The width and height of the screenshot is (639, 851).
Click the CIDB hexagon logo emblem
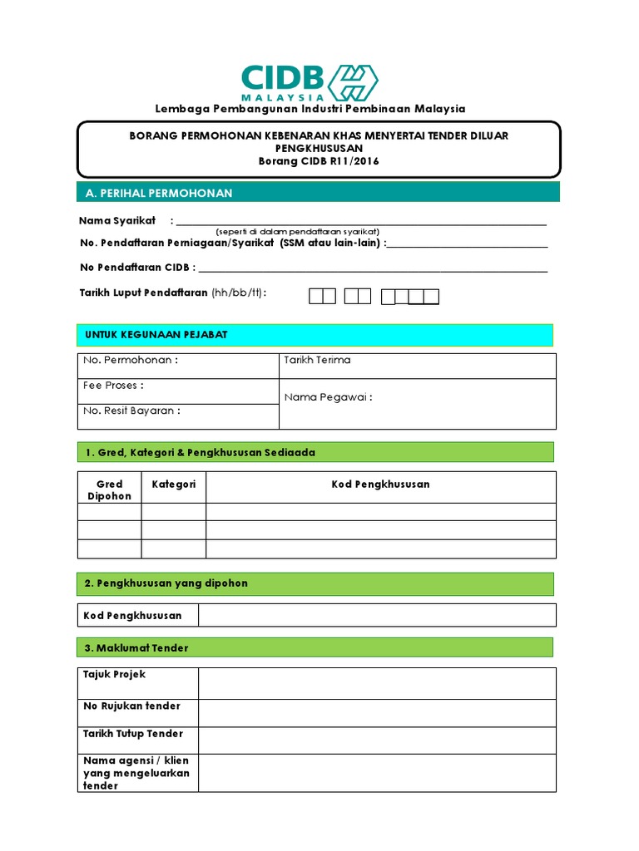[354, 81]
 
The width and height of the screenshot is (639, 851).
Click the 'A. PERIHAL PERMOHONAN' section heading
[159, 193]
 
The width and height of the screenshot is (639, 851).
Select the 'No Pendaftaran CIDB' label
[137, 268]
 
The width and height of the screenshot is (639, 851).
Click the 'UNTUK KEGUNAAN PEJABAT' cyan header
[156, 334]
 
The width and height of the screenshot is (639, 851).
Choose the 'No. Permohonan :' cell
[131, 361]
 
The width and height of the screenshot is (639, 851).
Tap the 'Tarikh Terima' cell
[317, 360]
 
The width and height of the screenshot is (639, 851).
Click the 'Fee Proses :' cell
[114, 386]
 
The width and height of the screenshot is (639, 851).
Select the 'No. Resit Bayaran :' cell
[131, 411]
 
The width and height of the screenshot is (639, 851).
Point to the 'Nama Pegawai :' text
[328, 397]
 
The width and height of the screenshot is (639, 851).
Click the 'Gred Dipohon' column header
[109, 489]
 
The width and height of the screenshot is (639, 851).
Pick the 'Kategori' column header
[173, 484]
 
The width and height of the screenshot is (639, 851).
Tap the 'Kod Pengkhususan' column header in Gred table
[380, 484]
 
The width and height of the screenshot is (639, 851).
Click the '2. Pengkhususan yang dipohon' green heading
[166, 583]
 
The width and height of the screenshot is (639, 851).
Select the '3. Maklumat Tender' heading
[136, 647]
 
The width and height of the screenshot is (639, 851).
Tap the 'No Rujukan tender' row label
[131, 706]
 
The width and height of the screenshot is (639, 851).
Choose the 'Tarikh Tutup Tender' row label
[133, 734]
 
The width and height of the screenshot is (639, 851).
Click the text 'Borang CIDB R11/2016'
[319, 161]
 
